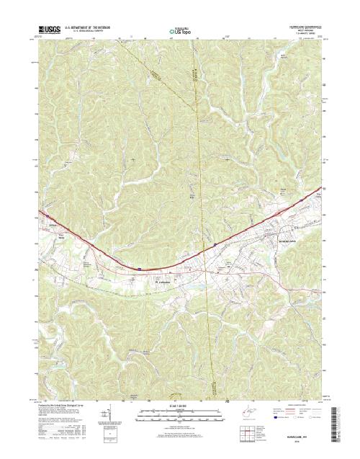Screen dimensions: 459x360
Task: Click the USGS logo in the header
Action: [x=48, y=30]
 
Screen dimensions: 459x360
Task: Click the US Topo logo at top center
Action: [x=181, y=32]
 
